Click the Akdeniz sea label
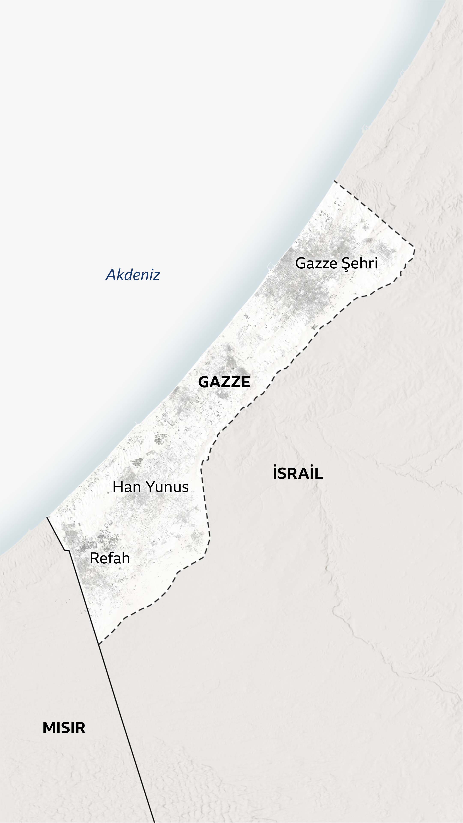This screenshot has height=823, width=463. coord(133,275)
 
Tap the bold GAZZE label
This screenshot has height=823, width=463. coord(224,382)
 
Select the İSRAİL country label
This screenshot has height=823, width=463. coord(298,473)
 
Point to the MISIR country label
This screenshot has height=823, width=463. coord(64,728)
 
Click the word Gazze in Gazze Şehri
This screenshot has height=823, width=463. coord(316,263)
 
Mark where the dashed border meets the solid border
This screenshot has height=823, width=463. coord(99,644)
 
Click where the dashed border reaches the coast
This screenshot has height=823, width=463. coord(335,181)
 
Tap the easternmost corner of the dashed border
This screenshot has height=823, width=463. coord(414,248)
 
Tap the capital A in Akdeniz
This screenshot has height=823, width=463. coord(111,275)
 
